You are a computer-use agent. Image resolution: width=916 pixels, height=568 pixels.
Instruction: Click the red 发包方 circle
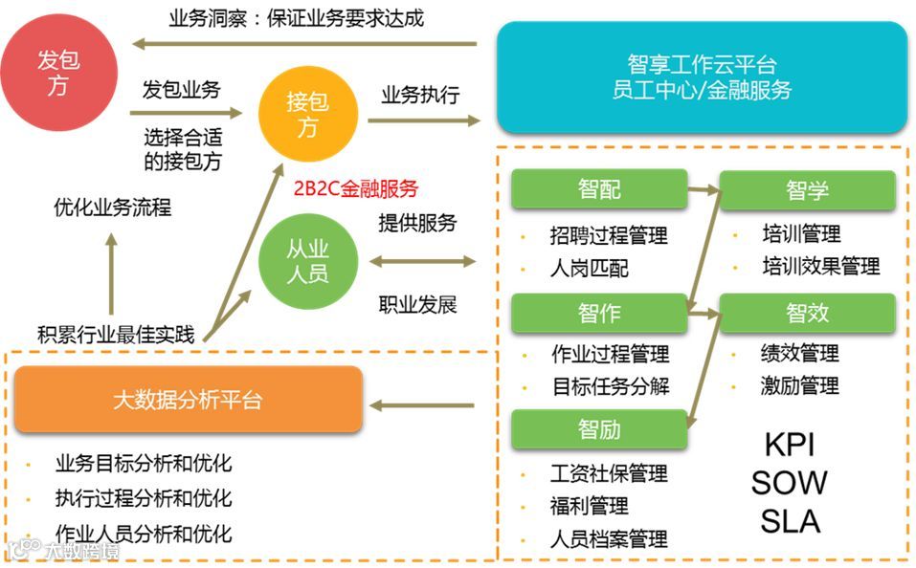coord(58,73)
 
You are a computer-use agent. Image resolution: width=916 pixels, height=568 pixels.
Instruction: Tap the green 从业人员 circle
coord(307,261)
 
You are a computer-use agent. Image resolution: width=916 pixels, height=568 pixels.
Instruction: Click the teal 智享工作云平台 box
coord(702,77)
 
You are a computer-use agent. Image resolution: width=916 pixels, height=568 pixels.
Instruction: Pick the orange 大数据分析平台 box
coord(188,400)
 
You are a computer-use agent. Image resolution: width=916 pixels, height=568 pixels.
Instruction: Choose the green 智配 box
coord(599,189)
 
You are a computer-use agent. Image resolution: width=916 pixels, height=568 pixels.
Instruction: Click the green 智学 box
coord(807,190)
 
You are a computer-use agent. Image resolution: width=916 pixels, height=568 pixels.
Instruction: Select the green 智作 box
coord(599,313)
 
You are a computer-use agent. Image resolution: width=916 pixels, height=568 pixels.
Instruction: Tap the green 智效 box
coord(807,313)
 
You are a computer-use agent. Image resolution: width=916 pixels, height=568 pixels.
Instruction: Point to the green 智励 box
coord(599,429)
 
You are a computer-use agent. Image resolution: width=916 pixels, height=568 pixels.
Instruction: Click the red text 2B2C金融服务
coord(356,189)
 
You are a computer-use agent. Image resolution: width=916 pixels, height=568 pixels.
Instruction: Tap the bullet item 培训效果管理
coord(820,265)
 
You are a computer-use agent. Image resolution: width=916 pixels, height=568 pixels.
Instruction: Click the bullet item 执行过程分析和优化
coord(144,499)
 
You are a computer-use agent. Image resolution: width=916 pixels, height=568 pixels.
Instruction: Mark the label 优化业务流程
coord(112,208)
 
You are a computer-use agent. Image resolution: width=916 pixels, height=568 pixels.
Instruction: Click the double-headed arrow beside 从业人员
coord(422,261)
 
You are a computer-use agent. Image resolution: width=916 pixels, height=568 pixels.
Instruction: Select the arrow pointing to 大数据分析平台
coord(422,406)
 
